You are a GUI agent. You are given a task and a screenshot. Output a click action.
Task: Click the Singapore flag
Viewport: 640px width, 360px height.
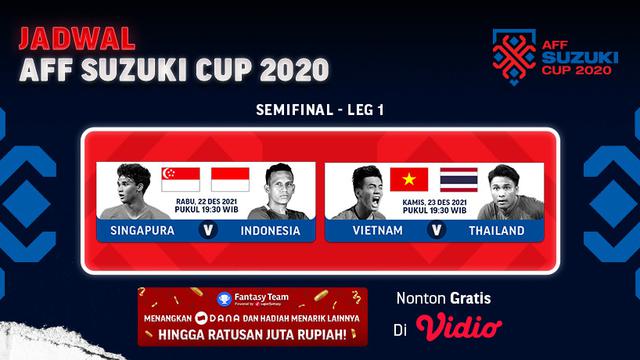tap(181, 180)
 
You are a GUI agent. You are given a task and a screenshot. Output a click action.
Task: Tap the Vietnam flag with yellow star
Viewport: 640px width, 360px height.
tap(409, 180)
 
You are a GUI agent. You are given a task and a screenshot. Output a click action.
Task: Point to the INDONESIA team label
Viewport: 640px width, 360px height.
tap(270, 231)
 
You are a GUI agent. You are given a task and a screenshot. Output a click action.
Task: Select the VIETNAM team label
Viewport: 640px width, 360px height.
tap(377, 231)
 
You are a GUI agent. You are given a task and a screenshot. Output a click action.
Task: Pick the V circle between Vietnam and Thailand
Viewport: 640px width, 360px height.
tap(434, 231)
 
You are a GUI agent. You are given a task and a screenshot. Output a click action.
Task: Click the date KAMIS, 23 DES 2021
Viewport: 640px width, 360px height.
tap(433, 200)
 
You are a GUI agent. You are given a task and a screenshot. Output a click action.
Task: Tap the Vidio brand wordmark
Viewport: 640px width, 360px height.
tap(459, 326)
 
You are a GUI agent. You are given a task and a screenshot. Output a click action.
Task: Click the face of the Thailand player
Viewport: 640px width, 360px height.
tap(499, 187)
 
